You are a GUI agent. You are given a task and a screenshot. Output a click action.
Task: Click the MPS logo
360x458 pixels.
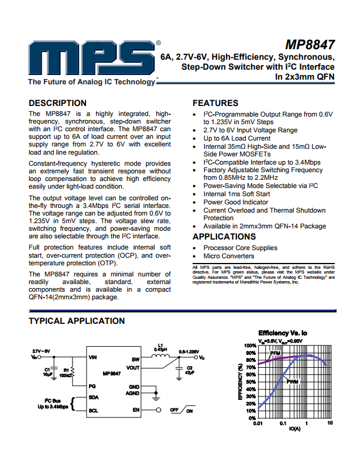click(94, 59)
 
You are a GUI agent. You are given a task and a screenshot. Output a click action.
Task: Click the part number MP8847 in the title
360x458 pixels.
click(310, 45)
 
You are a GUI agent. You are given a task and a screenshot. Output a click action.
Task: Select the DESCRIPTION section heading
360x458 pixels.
click(57, 102)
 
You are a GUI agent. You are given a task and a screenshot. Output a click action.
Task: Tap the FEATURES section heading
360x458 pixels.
click(215, 102)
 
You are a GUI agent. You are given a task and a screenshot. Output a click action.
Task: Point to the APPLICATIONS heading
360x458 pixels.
click(224, 237)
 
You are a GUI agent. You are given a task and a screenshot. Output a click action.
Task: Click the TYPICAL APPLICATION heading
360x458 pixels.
click(77, 321)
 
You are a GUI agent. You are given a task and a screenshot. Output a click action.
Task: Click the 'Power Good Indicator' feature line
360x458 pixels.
click(236, 202)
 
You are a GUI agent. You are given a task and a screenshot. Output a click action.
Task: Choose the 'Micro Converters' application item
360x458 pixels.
click(229, 256)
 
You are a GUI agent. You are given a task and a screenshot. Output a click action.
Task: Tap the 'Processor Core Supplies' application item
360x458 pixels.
click(240, 248)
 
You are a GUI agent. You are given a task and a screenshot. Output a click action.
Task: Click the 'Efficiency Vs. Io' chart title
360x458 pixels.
click(287, 333)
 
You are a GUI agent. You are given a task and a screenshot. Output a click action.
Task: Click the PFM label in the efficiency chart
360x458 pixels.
click(275, 354)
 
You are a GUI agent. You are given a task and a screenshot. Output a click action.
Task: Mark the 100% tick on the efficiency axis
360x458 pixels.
click(249, 346)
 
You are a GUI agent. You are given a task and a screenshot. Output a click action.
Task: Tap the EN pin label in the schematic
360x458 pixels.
click(136, 410)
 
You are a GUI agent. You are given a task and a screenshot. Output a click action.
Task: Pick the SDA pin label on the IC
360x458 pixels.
click(94, 398)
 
